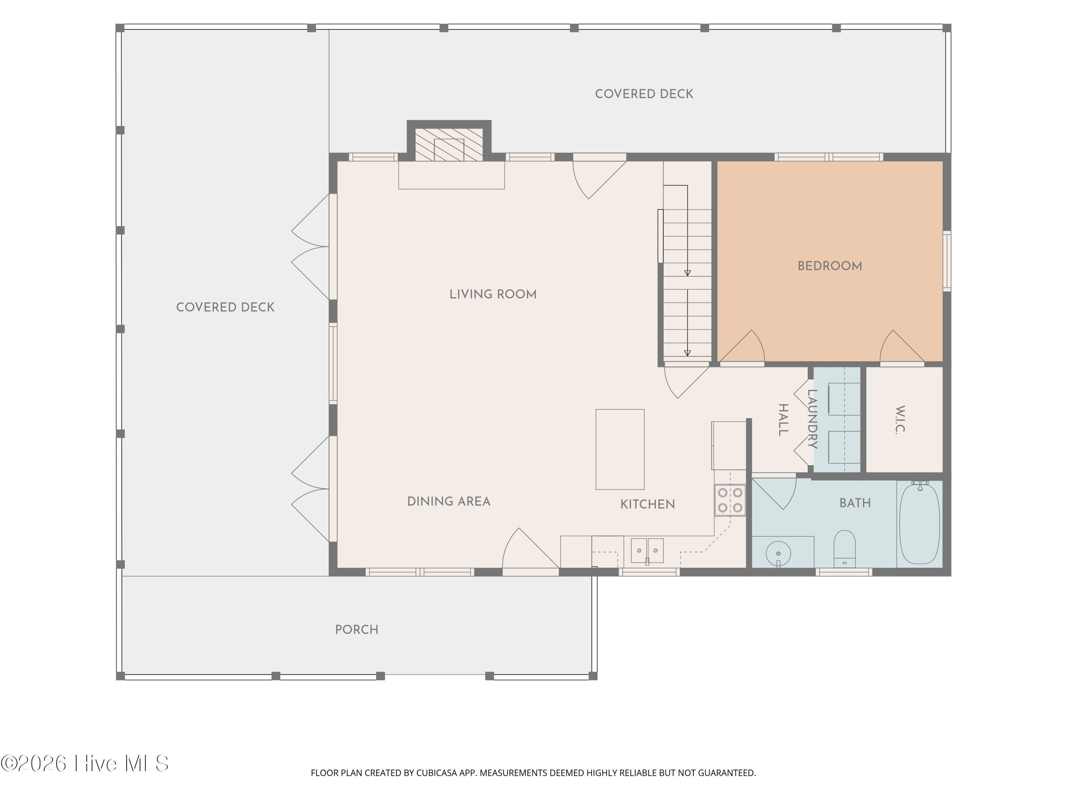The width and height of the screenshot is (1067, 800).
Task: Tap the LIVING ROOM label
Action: click(x=493, y=294)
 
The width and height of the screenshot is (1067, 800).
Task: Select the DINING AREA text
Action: click(x=448, y=501)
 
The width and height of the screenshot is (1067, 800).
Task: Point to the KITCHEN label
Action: click(x=647, y=505)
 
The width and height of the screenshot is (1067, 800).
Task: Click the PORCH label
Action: click(x=356, y=630)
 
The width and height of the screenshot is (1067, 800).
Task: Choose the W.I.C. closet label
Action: click(x=900, y=420)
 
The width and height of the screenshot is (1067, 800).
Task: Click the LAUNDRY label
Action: click(x=812, y=419)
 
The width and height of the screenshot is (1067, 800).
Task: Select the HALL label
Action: click(x=784, y=420)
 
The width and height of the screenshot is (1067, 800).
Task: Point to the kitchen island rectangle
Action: click(x=620, y=449)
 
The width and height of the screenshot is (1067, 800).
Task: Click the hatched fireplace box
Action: click(x=448, y=145)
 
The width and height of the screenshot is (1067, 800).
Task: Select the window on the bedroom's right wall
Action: click(x=947, y=261)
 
